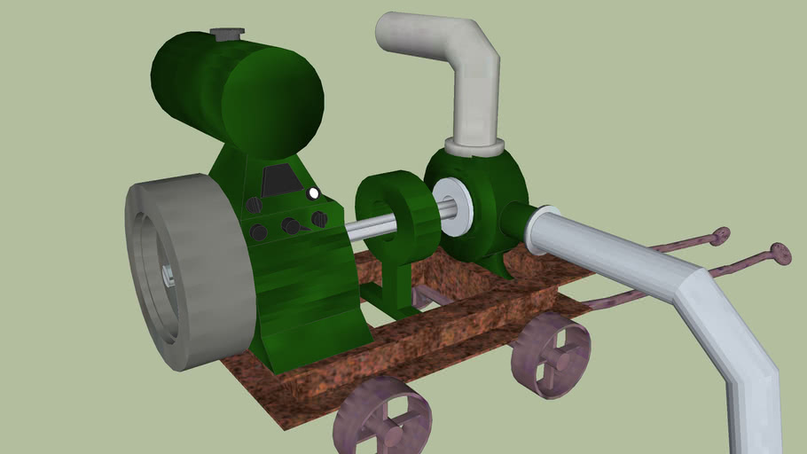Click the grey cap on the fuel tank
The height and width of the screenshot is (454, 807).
[227, 34]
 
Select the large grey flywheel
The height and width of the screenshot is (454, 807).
[183, 270]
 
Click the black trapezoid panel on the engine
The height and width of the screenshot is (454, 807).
[281, 181]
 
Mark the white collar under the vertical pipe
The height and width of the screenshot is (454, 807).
[474, 145]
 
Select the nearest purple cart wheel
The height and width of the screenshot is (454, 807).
[383, 417]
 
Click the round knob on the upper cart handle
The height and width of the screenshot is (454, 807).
[720, 236]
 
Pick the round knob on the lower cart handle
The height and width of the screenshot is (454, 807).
[780, 254]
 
